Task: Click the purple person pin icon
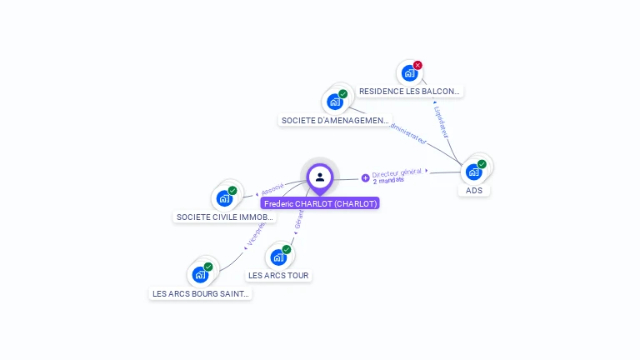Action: [320, 177]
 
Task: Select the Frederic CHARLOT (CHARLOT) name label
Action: [320, 203]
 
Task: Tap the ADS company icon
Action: [474, 172]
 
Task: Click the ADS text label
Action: [474, 190]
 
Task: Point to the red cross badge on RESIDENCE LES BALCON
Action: [417, 65]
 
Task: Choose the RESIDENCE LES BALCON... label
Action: [409, 91]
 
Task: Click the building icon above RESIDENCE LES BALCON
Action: [409, 73]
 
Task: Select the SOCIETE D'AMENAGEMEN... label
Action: [335, 120]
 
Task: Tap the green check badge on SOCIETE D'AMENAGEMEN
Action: [342, 94]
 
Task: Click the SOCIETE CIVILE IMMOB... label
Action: [224, 217]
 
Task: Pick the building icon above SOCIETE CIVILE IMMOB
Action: [223, 198]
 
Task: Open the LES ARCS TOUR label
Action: [278, 275]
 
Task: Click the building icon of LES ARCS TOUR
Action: [278, 257]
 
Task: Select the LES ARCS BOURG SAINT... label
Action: [201, 293]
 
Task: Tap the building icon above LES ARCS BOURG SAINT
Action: [200, 274]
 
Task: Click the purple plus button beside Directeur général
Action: [365, 177]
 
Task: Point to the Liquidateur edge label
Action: [442, 120]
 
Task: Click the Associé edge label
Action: [273, 189]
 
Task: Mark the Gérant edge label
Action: [299, 218]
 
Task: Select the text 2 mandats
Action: [388, 181]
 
